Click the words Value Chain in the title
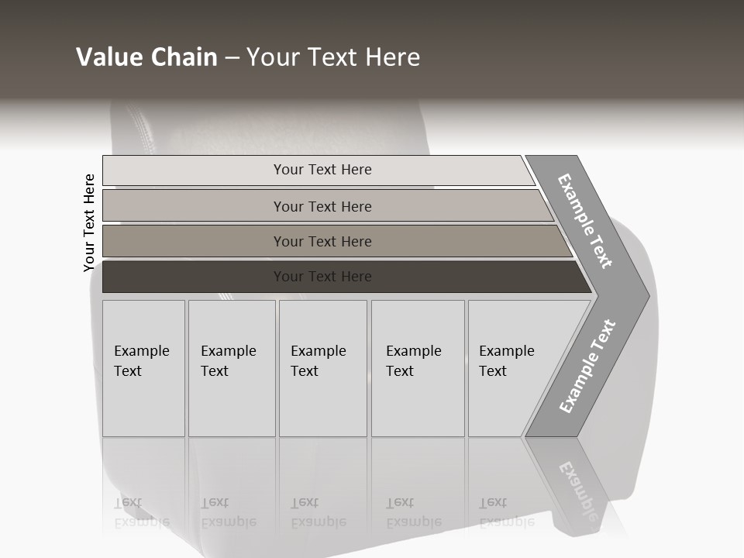pos(146,57)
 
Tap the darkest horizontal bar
pos(194,277)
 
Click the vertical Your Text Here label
pos(89,222)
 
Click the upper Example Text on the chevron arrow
pos(585,221)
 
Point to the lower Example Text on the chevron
pos(587,366)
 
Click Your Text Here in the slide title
pos(333,57)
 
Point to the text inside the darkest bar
pos(322,277)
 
